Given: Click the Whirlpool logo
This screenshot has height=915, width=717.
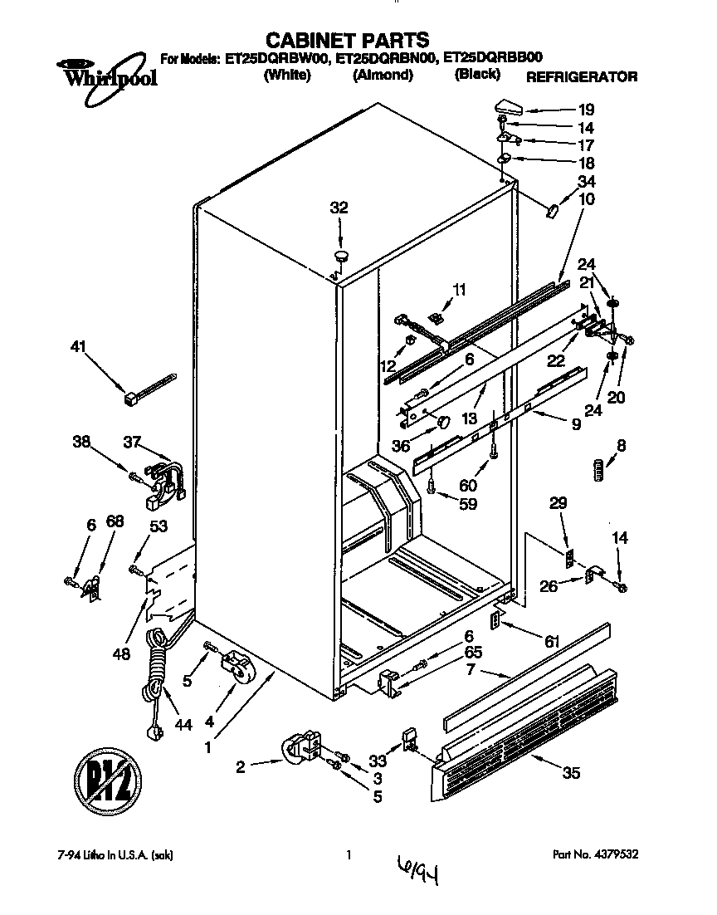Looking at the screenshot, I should tap(97, 78).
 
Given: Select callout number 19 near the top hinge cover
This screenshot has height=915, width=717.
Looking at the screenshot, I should tap(586, 109).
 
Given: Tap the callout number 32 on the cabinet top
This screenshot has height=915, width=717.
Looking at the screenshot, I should tap(339, 208).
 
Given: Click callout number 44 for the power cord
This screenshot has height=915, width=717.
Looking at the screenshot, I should tap(183, 725).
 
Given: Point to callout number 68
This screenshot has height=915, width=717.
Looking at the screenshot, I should tap(115, 523).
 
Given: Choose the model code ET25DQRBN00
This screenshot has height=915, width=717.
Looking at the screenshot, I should tap(387, 59).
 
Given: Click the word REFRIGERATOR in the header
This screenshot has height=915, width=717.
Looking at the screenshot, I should tap(582, 77).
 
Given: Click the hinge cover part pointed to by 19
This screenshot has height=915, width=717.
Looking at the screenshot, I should tap(508, 106).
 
